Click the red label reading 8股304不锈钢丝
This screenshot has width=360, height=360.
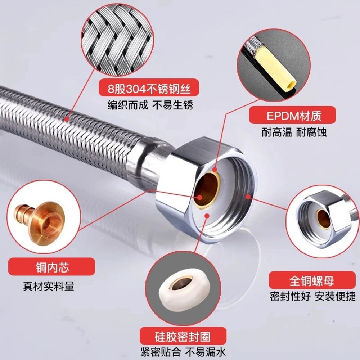149,87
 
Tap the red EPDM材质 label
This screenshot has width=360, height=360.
292,115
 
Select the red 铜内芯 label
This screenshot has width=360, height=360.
51,266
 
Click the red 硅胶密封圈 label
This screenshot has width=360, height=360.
183,336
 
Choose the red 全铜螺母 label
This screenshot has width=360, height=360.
312,280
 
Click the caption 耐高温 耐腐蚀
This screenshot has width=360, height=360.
294,132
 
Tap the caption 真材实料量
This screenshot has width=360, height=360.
49,286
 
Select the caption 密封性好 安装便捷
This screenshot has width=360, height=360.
312,296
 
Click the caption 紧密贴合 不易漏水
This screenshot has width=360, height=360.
183,352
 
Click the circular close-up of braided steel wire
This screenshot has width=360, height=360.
117,41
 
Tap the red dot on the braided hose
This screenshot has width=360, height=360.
66,119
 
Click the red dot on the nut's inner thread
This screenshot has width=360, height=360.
248,196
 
